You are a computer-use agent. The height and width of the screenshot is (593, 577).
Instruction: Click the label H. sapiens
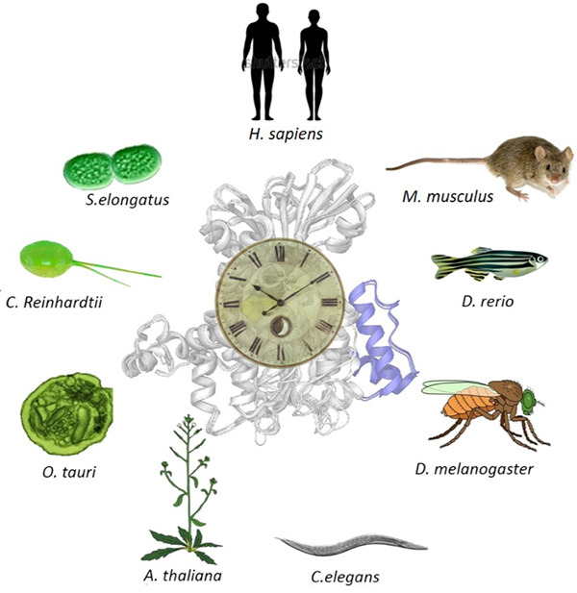pyautogui.click(x=282, y=134)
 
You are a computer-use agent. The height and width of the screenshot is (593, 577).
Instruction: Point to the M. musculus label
pyautogui.click(x=446, y=197)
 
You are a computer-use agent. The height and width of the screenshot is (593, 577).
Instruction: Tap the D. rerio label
pyautogui.click(x=487, y=302)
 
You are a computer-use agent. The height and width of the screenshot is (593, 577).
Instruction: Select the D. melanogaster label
pyautogui.click(x=474, y=469)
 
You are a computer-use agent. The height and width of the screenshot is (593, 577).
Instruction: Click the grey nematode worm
pyautogui.click(x=351, y=546)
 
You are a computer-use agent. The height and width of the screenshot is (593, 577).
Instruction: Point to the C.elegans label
pyautogui.click(x=345, y=577)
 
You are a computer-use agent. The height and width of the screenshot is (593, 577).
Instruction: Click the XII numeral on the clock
pyautogui.click(x=281, y=254)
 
